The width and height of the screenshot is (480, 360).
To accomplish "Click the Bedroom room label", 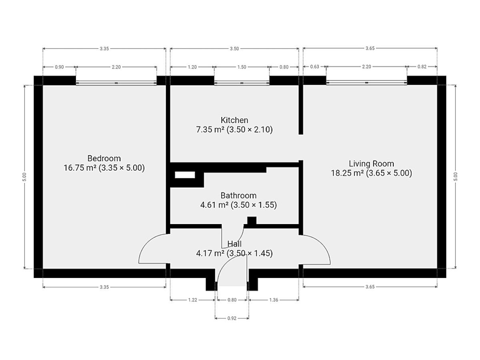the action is tap(104, 158).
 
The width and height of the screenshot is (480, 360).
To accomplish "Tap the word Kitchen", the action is tap(234, 120).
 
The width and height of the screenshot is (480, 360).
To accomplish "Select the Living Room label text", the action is tap(371, 164).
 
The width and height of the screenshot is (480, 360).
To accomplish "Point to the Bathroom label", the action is tap(238, 196).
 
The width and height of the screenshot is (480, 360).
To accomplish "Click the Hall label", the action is tap(234, 244).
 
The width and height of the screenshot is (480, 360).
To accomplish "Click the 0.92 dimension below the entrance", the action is tap(232, 318).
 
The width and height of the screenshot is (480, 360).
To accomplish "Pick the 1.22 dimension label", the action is tap(192, 300).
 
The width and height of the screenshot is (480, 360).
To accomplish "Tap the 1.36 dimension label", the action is tap(274, 300).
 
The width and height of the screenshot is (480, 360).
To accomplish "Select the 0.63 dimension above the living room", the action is tap(314, 67).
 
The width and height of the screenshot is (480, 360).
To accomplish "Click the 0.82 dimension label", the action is tap(422, 67).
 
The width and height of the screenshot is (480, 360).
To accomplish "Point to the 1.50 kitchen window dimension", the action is tap(242, 67).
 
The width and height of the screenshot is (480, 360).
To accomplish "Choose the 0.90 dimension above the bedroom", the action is tap(59, 67).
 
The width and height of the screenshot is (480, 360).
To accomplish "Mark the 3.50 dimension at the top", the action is tap(234, 48).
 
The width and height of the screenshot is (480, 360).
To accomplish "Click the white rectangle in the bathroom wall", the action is tap(185, 175).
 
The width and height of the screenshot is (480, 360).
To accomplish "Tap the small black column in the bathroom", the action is tap(252, 220).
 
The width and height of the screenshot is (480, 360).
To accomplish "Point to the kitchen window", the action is tap(242, 83).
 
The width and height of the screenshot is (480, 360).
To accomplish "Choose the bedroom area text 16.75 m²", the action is tap(80, 168).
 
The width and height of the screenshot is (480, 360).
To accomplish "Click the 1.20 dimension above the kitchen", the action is tap(192, 67).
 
